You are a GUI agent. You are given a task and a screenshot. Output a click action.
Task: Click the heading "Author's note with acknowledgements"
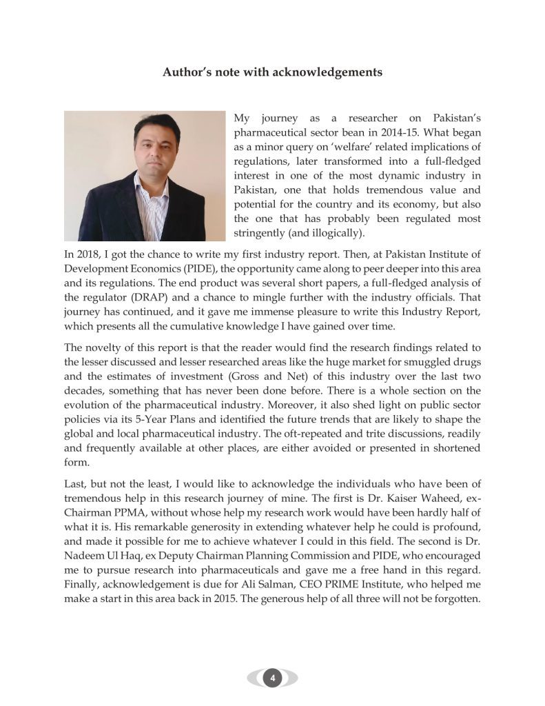[x=272, y=72]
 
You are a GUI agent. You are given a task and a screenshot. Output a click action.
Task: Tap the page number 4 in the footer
[x=273, y=678]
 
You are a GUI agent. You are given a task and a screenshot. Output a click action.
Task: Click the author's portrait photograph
[x=145, y=176]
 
